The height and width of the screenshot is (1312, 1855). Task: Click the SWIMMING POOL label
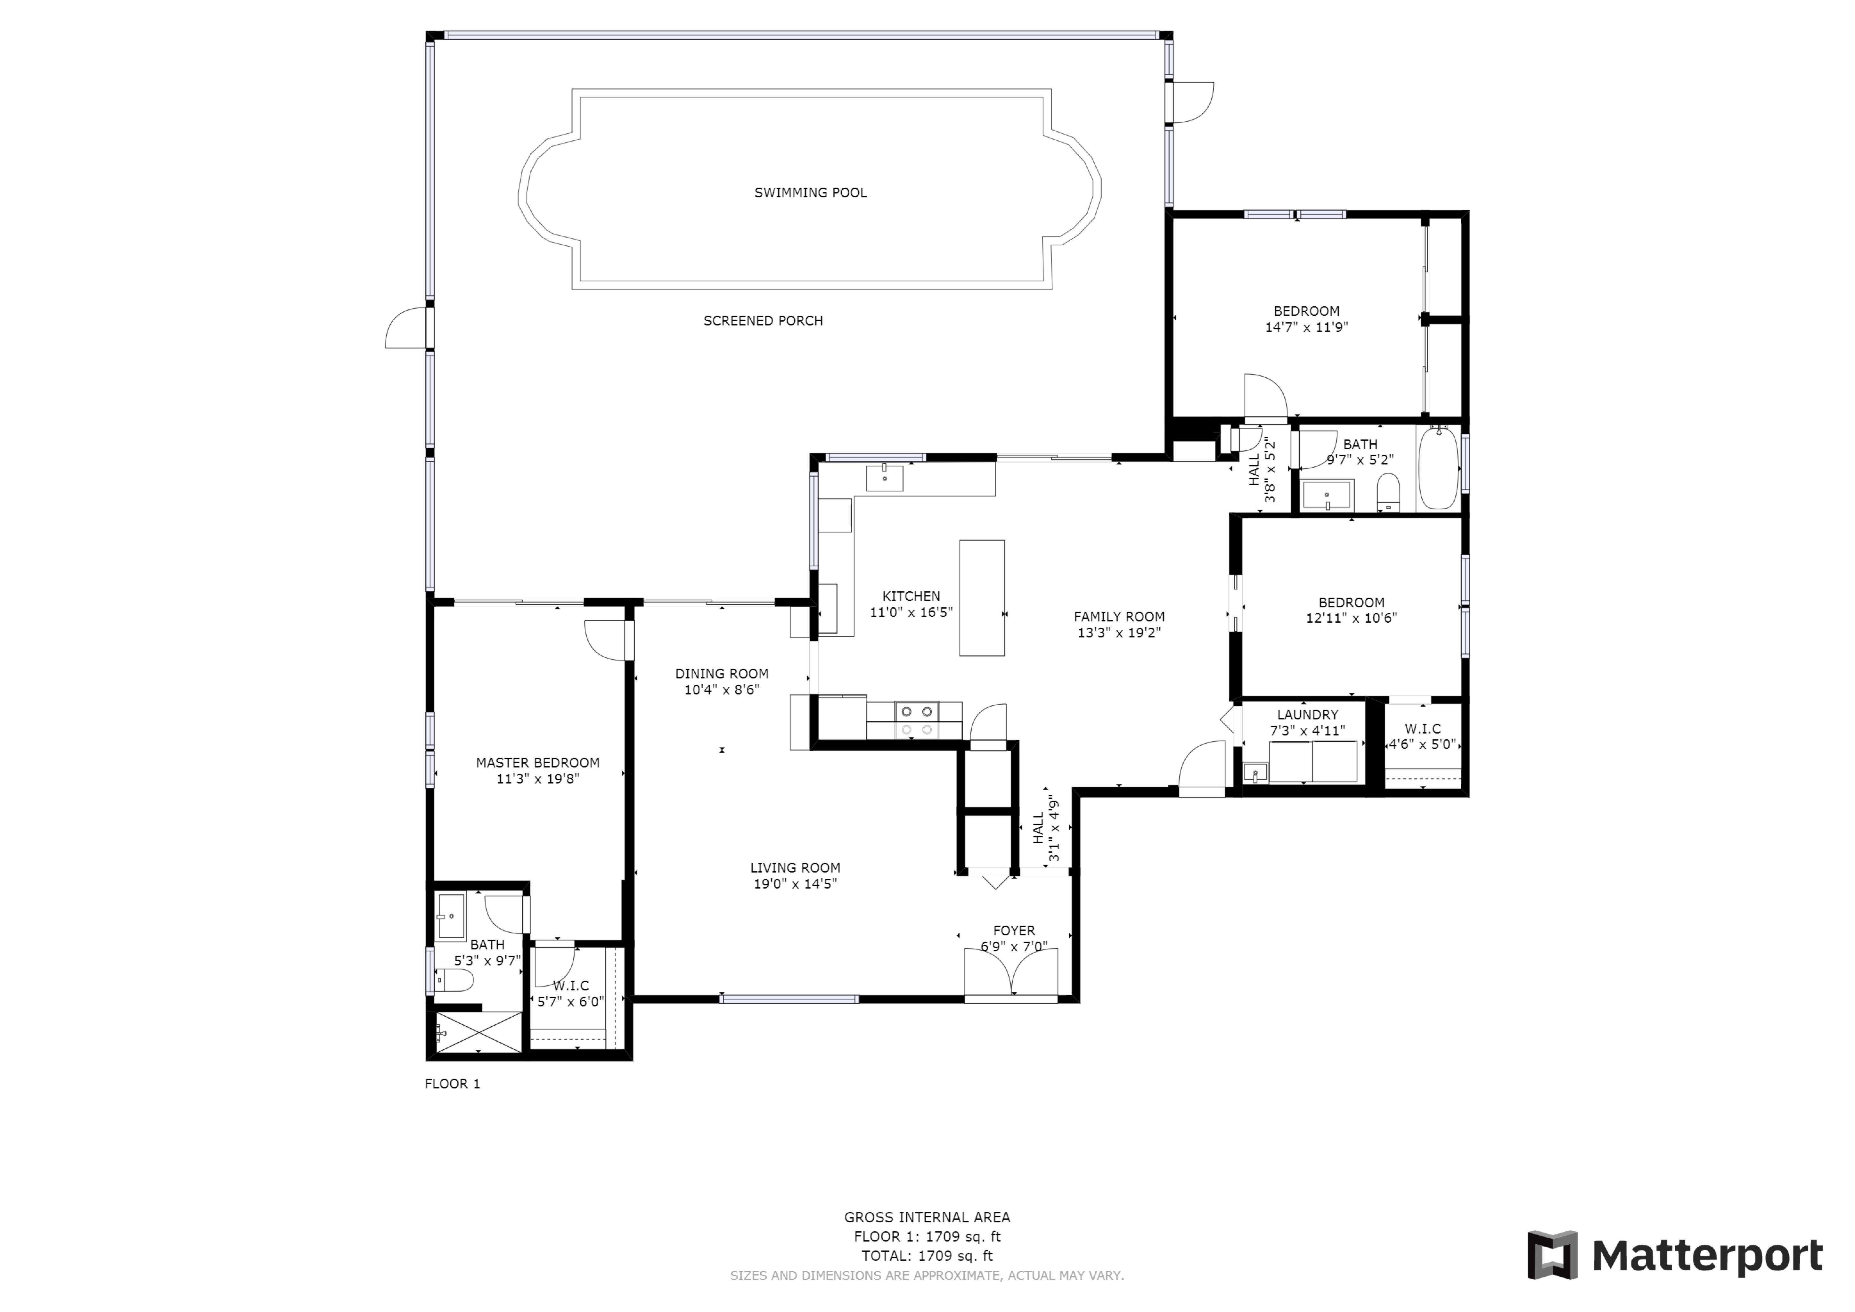click(x=810, y=192)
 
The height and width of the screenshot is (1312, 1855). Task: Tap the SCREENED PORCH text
click(x=763, y=321)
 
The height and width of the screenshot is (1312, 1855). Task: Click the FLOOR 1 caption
click(x=453, y=1084)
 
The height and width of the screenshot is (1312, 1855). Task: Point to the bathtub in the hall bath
click(x=1438, y=469)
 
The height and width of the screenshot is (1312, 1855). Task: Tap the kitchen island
click(x=982, y=598)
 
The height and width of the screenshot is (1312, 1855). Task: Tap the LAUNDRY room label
click(x=1307, y=715)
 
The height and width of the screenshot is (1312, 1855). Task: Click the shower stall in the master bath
click(x=478, y=1032)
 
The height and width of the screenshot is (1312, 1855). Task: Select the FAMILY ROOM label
click(x=1119, y=617)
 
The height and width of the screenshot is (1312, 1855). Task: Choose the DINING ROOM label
click(x=722, y=674)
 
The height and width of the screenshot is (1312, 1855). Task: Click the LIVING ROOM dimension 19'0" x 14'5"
click(x=795, y=884)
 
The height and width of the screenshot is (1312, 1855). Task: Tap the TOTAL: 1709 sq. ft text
click(x=927, y=1256)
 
